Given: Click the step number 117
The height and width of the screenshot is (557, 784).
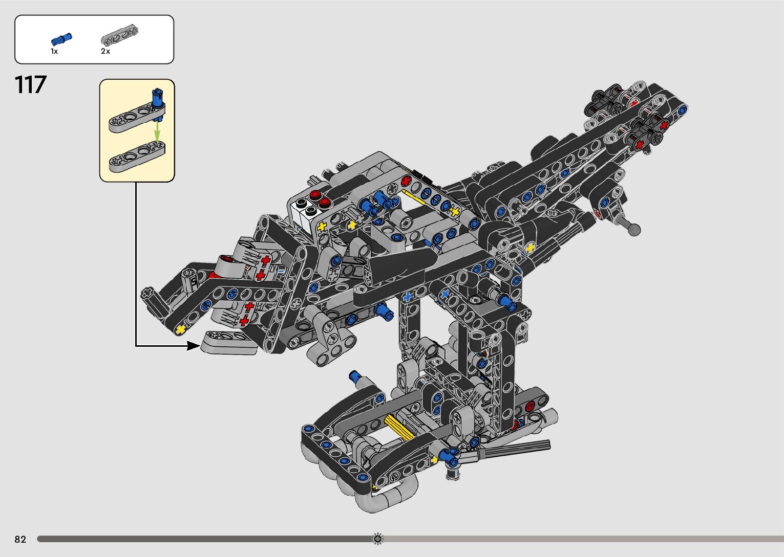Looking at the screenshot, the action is click(x=30, y=84).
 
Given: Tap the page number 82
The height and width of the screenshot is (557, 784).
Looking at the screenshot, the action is click(x=20, y=539).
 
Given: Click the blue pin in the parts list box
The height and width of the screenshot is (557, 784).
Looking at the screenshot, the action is click(x=61, y=39).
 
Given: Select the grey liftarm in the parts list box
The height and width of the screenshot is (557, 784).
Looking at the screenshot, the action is click(x=119, y=35).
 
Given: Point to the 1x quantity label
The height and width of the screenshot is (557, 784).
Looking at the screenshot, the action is click(x=54, y=51).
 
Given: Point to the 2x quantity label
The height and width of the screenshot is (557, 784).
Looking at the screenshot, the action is click(x=105, y=51).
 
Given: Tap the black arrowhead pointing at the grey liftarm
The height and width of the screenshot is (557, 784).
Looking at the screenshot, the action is click(x=193, y=346).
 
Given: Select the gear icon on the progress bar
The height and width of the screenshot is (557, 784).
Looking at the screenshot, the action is click(x=377, y=539).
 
